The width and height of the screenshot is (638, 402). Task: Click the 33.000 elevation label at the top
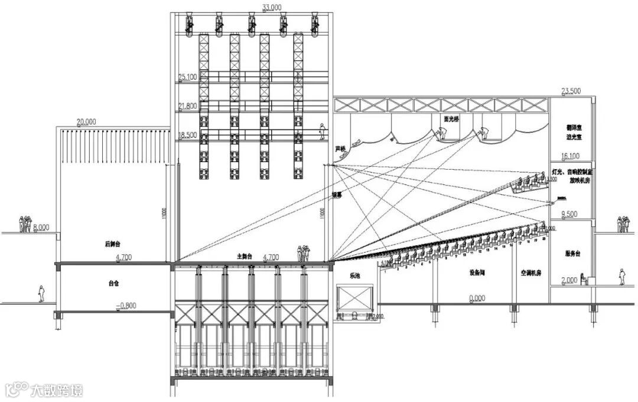pos(272,8)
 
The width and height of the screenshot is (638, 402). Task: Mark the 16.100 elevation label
pos(570,157)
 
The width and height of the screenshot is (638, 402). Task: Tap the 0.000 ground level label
pos(477,299)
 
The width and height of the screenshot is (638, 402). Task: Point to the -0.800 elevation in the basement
pos(127,306)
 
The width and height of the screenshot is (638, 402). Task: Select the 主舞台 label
pos(245,257)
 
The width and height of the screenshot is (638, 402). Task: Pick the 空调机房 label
pos(530,274)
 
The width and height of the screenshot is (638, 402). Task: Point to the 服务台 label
pos(572,254)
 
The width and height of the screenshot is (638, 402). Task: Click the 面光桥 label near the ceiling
pos(451,119)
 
